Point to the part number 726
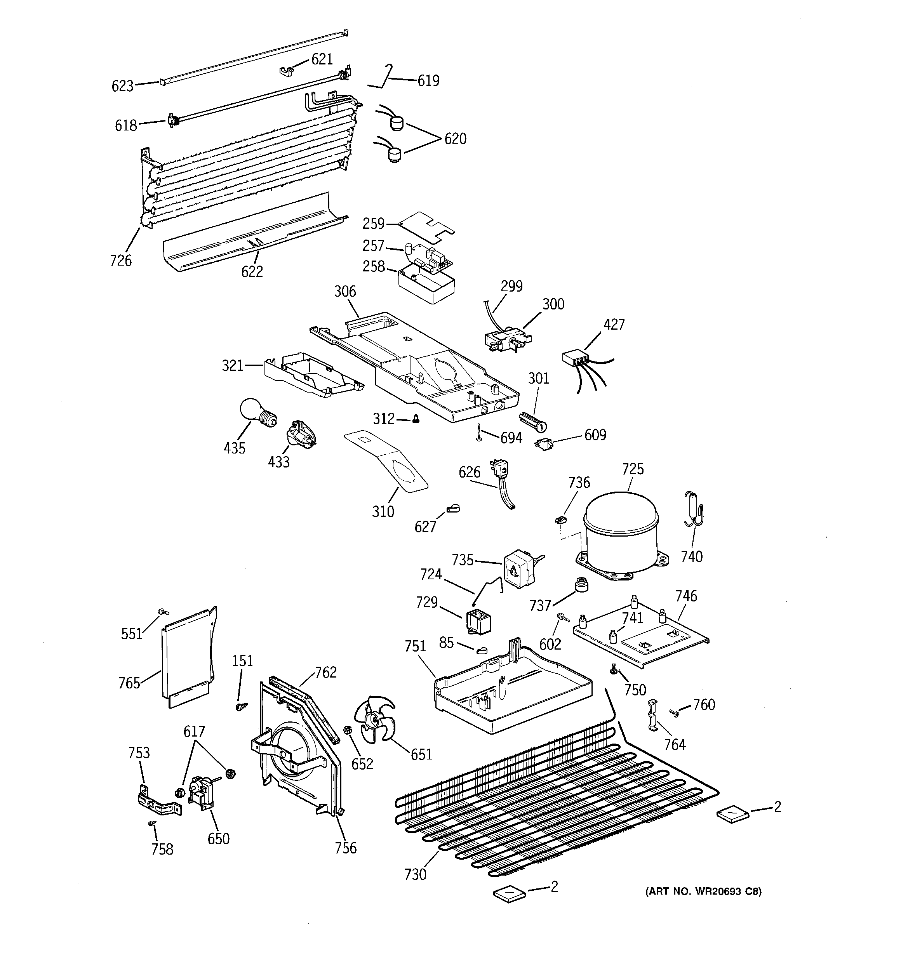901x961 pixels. pos(120,261)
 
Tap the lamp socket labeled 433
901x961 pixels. pos(299,432)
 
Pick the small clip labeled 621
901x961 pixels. pos(286,71)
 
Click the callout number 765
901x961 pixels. pos(129,683)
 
